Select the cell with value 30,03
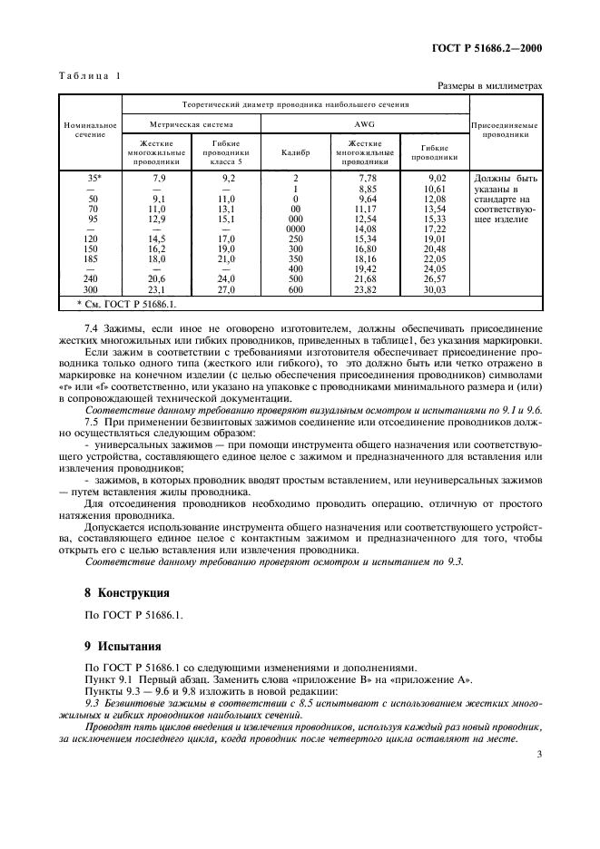(438, 289)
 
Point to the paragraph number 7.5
(92, 423)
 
